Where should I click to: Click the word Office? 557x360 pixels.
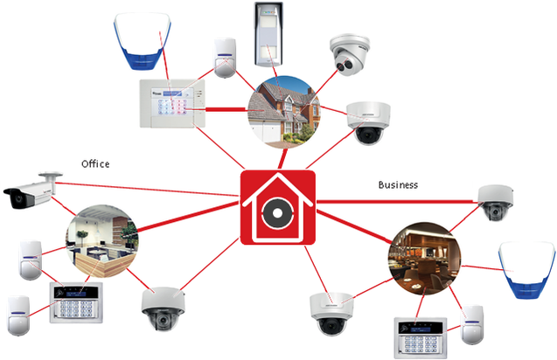pyautogui.click(x=95, y=163)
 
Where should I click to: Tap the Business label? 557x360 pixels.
pyautogui.click(x=398, y=184)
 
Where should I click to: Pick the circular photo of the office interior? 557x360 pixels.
pyautogui.click(x=102, y=241)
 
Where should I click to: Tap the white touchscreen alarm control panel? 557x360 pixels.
pyautogui.click(x=172, y=104)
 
